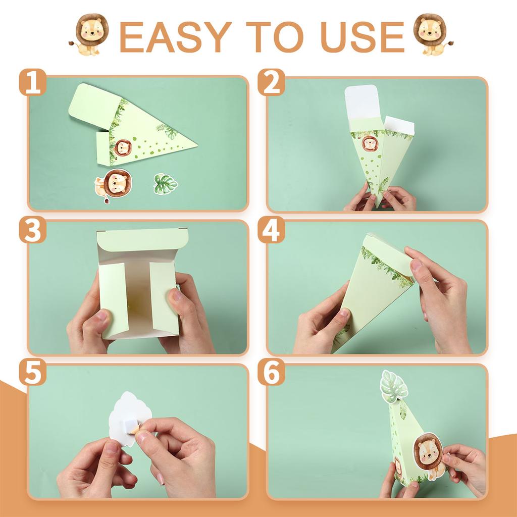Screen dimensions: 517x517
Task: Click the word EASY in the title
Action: [x=175, y=37]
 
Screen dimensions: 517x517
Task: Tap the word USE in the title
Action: [x=362, y=37]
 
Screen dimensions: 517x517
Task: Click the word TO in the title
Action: [x=275, y=37]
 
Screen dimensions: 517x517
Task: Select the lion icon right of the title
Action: [x=432, y=34]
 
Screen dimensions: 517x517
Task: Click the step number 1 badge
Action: [x=33, y=82]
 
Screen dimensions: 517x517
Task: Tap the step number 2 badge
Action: [x=271, y=82]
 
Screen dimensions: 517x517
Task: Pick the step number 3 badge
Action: [x=33, y=230]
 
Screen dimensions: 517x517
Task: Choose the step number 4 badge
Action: [x=271, y=230]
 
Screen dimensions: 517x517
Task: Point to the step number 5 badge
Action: [x=33, y=372]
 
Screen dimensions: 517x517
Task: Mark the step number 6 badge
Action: [x=271, y=372]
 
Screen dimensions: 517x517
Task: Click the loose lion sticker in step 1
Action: [x=114, y=185]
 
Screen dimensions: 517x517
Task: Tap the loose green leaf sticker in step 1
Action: [x=166, y=184]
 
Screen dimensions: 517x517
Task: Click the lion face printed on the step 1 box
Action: [x=123, y=148]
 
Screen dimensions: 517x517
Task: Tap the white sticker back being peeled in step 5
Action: [x=130, y=418]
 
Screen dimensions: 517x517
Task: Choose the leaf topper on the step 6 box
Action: [x=394, y=386]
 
